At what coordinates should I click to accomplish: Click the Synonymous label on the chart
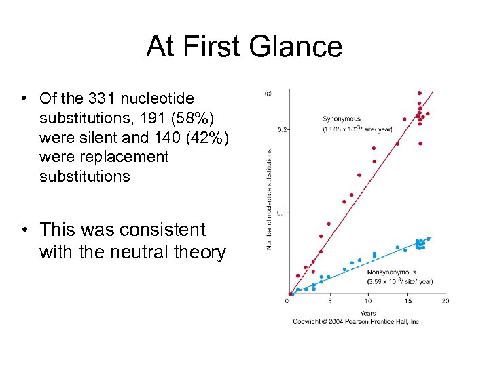tap(342, 119)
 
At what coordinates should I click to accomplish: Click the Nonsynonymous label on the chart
tap(391, 272)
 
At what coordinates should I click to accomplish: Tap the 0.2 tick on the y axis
tap(283, 129)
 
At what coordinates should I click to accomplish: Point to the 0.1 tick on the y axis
tap(283, 212)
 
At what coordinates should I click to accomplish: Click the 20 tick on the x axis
tap(445, 301)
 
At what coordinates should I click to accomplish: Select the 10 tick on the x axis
tap(367, 301)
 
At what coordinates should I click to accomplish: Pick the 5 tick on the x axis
tap(329, 301)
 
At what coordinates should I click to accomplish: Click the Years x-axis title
tap(367, 313)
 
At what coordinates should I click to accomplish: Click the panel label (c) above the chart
tap(268, 94)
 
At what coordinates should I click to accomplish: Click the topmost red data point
tap(420, 93)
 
